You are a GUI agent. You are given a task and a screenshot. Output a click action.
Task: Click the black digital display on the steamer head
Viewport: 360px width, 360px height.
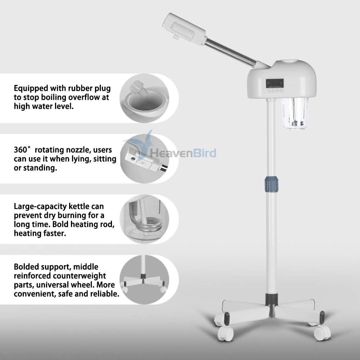point(275,84)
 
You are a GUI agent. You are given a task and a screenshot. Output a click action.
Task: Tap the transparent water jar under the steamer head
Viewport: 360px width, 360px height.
point(295,113)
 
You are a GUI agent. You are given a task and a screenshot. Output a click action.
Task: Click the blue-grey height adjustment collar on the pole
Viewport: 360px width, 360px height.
point(271,184)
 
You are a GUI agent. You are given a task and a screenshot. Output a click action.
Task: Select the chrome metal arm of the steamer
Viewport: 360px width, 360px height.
point(230,53)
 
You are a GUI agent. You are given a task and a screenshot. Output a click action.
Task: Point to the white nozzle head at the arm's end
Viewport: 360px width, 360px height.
point(184,28)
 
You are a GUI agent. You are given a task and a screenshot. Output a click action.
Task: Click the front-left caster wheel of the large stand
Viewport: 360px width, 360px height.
point(225,333)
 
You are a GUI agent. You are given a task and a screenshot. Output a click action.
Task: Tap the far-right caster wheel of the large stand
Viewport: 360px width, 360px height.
point(322,333)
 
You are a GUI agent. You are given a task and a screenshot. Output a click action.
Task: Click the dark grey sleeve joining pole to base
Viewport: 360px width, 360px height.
point(271,300)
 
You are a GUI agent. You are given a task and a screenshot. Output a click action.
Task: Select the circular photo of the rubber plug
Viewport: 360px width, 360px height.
point(144,98)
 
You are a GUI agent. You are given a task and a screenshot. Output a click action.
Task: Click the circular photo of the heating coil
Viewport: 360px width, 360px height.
point(144,219)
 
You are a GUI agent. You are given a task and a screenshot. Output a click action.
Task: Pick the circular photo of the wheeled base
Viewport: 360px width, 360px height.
point(144,280)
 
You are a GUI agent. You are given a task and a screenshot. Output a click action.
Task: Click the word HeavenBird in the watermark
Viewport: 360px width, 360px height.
point(183,153)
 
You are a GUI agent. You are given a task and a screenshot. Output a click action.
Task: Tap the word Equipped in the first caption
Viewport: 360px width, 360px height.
point(31,89)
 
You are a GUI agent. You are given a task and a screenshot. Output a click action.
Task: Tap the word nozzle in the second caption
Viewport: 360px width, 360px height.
point(78,150)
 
